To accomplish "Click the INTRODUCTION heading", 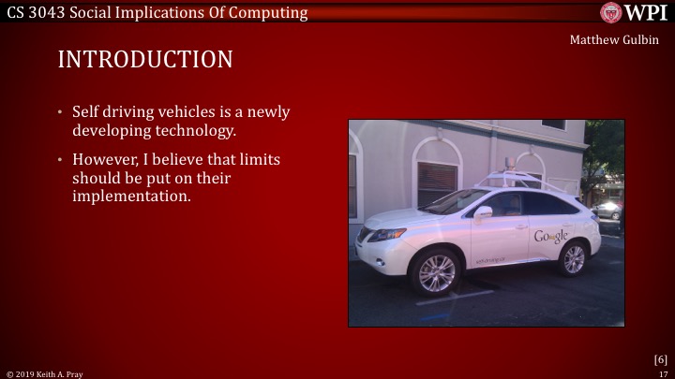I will pyautogui.click(x=145, y=60).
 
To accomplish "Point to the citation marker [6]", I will pyautogui.click(x=660, y=359).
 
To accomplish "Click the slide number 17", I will pyautogui.click(x=663, y=373).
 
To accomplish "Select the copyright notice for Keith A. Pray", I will pyautogui.click(x=45, y=373).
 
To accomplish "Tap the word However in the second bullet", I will pyautogui.click(x=106, y=160).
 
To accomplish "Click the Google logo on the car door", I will pyautogui.click(x=550, y=237).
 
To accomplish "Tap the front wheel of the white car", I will pyautogui.click(x=434, y=272).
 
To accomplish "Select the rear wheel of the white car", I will pyautogui.click(x=572, y=258).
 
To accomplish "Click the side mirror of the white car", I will pyautogui.click(x=483, y=213).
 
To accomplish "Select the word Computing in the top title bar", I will pyautogui.click(x=272, y=12).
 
